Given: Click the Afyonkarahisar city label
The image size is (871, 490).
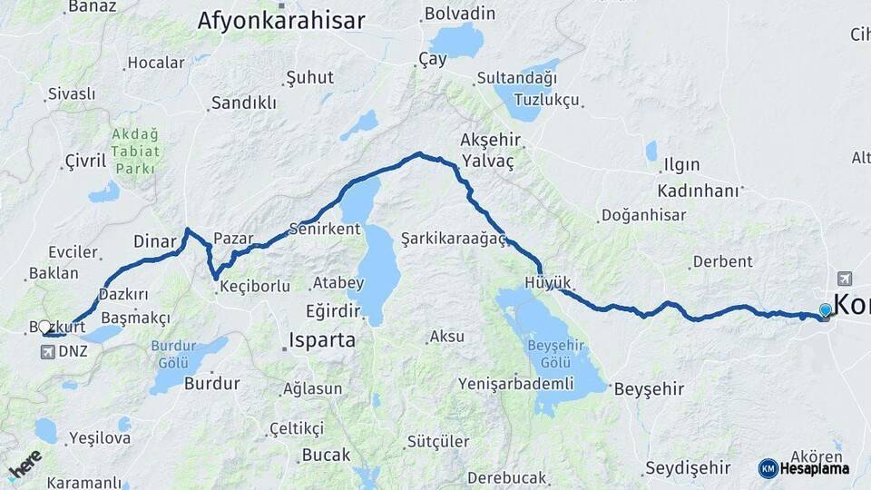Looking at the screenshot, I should [x=281, y=21].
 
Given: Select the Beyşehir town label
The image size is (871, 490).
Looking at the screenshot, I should [x=649, y=389].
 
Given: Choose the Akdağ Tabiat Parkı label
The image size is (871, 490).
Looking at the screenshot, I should [x=136, y=152].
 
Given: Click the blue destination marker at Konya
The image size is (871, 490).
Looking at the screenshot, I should [x=825, y=311].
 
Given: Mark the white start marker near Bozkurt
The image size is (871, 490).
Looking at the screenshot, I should [x=44, y=327].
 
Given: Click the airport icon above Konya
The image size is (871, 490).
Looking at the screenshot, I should [x=846, y=279].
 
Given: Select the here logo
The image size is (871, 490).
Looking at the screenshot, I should [x=24, y=465].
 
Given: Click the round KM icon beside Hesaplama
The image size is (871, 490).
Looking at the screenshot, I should [x=768, y=468].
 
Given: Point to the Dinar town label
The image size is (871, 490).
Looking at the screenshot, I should [x=153, y=241].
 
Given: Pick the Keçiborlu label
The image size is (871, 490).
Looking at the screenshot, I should [x=255, y=287].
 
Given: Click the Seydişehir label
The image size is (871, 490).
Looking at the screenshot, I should [x=687, y=468].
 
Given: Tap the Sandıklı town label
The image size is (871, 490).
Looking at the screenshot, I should [x=243, y=103].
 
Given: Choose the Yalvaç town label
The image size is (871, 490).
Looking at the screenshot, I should [x=487, y=162].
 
